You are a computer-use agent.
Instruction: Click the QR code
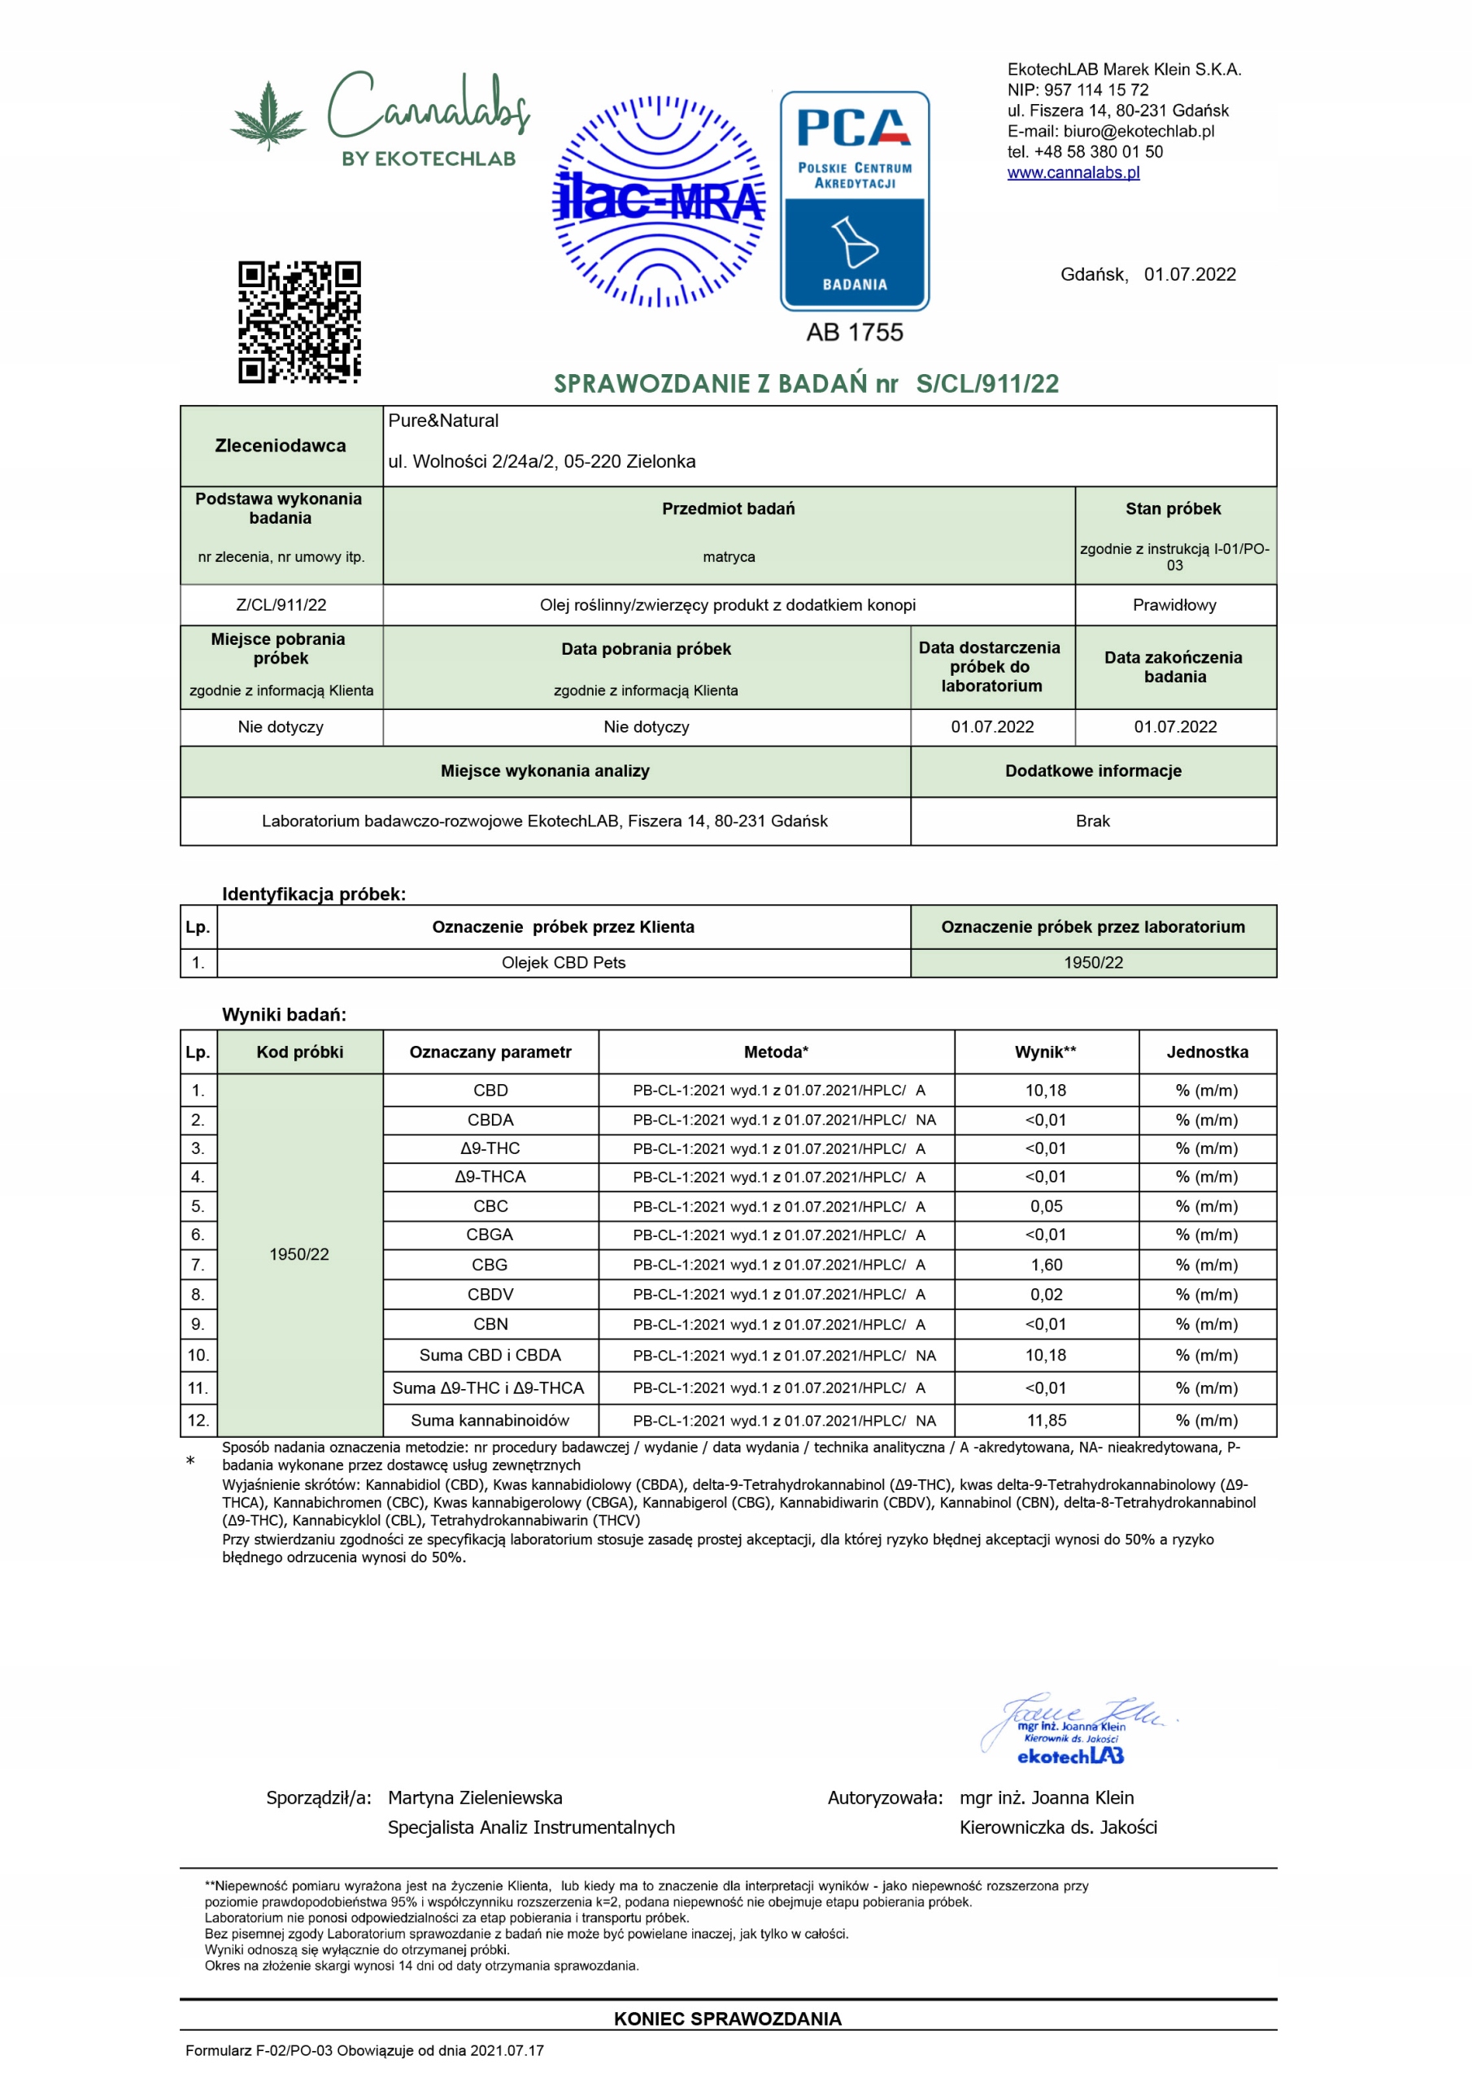(x=299, y=322)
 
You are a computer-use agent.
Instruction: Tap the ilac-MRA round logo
(x=659, y=202)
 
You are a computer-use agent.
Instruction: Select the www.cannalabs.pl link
(x=1073, y=172)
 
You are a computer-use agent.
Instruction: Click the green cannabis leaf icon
(x=268, y=115)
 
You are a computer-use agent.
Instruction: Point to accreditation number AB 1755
(x=855, y=333)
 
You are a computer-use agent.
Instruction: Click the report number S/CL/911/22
(x=986, y=384)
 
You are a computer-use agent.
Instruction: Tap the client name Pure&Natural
(x=443, y=420)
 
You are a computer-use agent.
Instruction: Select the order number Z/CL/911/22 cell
(x=281, y=605)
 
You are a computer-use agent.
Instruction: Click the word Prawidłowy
(x=1174, y=605)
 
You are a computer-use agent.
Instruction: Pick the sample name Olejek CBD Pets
(x=564, y=962)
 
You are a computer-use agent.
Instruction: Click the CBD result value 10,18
(x=1046, y=1090)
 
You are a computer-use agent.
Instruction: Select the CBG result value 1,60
(x=1046, y=1264)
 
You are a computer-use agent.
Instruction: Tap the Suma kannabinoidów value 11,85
(x=1046, y=1420)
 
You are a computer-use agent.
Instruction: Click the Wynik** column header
(x=1046, y=1052)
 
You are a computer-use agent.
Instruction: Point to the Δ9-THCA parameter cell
(x=490, y=1176)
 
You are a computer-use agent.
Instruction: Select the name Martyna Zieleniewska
(x=475, y=1797)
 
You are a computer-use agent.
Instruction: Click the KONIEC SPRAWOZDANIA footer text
(x=727, y=2019)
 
